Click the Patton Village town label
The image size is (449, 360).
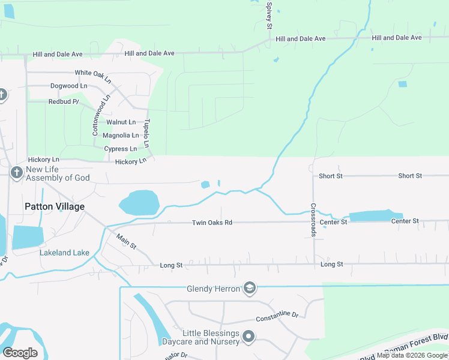tap(55, 206)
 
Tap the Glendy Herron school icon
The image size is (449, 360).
tap(249, 289)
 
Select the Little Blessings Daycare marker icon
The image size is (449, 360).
tap(249, 337)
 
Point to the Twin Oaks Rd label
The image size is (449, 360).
tap(212, 223)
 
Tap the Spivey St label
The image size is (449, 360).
tap(270, 15)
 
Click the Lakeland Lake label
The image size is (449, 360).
tap(64, 253)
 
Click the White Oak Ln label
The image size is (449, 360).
tap(93, 76)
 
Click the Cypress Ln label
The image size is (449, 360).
tap(120, 149)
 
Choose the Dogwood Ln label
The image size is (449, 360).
tap(68, 86)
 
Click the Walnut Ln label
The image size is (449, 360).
tap(121, 122)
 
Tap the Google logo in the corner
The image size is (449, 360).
tap(20, 353)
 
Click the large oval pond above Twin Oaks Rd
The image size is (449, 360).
tap(139, 203)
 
